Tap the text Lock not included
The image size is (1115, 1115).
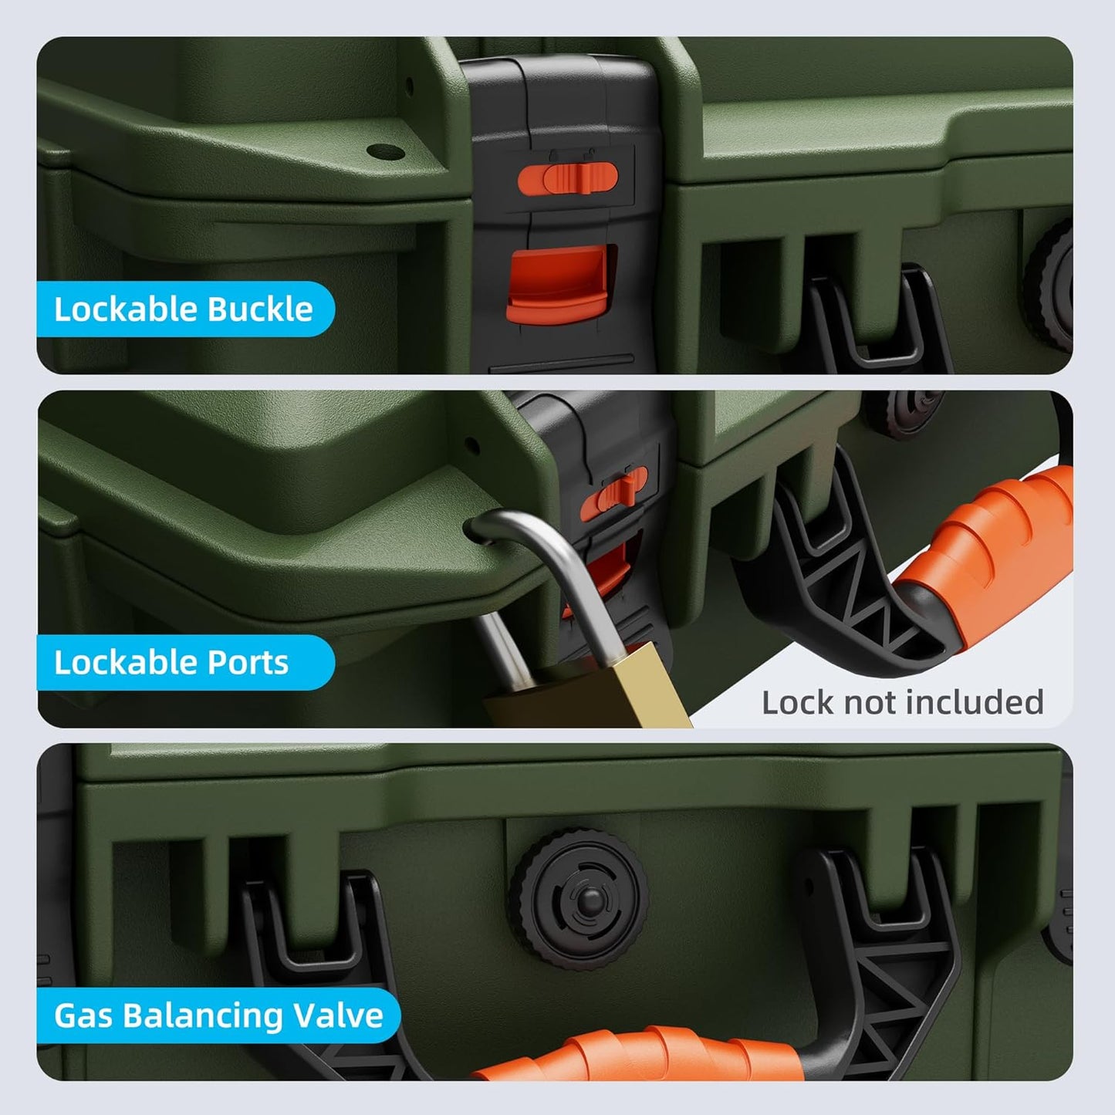point(903,702)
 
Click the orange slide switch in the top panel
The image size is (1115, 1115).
point(568,177)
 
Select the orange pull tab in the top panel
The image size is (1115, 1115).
point(558,283)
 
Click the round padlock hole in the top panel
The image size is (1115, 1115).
point(386,152)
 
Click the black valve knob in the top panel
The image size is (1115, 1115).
point(1052,286)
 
